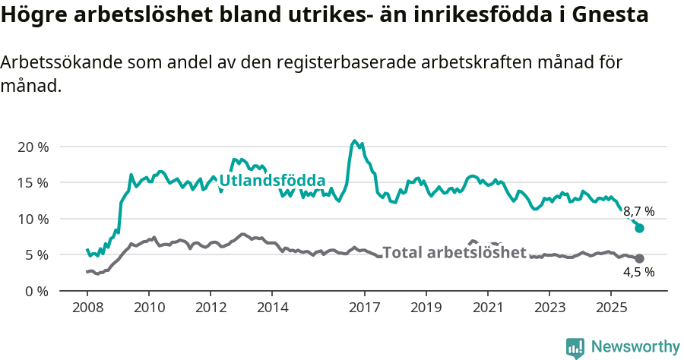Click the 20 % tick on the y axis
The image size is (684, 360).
tap(32, 147)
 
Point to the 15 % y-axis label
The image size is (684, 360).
tap(32, 182)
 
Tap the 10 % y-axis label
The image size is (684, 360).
tap(32, 219)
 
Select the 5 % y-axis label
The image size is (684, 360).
tap(36, 254)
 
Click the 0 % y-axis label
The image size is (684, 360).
tap(36, 291)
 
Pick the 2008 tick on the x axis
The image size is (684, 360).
tap(87, 308)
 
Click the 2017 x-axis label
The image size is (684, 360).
tap(364, 308)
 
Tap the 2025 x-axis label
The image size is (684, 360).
tap(610, 308)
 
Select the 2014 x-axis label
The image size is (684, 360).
tap(272, 308)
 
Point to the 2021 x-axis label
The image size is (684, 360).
tap(487, 308)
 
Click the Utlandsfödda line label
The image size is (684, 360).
tap(272, 181)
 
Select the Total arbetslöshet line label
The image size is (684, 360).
tap(454, 252)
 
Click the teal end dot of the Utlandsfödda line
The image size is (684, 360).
tap(639, 228)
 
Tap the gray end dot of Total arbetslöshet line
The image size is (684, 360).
tap(639, 258)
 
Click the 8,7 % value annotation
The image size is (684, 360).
tap(638, 211)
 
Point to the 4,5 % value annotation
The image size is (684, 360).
tap(638, 272)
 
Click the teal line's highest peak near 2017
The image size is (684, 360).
tap(354, 141)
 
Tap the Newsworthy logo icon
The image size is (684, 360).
tap(575, 347)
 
